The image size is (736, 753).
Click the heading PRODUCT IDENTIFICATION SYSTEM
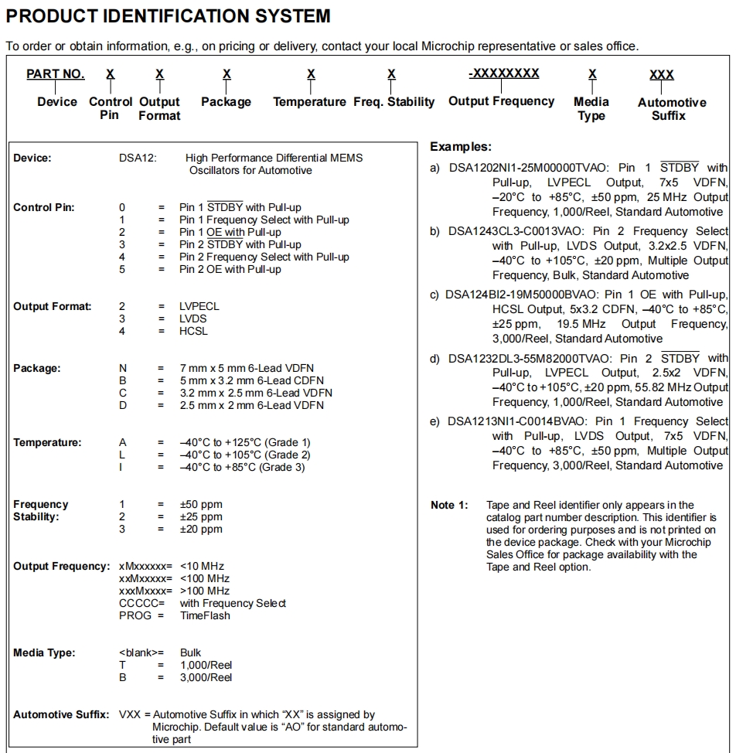pos(168,15)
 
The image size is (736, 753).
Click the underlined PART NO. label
pos(55,74)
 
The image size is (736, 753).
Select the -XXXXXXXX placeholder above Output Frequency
pos(503,73)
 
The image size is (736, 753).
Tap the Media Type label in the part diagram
pos(591,109)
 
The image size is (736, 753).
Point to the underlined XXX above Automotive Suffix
pos(661,75)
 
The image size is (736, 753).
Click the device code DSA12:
pos(138,158)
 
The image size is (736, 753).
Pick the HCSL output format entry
pos(194,331)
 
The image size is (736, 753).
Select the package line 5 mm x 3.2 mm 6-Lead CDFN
pos(251,380)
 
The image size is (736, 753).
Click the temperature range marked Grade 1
pos(245,442)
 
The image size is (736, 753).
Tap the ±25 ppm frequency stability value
pos(201,516)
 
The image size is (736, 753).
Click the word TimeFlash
pos(205,615)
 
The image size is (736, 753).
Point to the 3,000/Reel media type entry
pos(206,677)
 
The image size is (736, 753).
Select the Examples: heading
pos(461,146)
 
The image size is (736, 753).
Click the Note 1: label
pos(449,505)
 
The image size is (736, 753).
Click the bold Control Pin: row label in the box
pos(44,207)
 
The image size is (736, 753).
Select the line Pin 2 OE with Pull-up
pos(230,269)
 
